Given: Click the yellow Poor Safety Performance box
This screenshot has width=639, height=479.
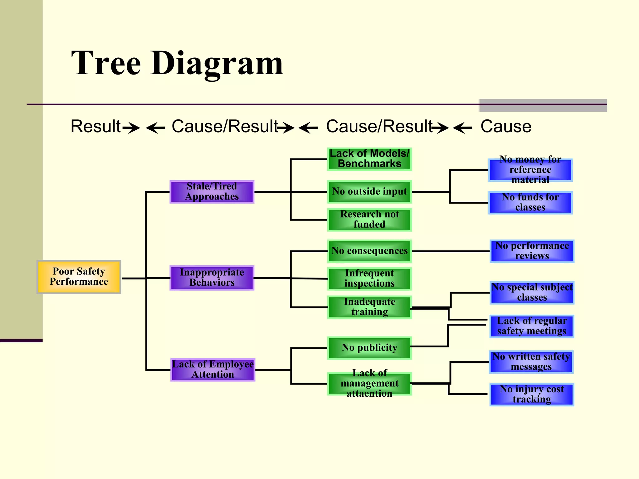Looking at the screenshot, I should [x=79, y=277].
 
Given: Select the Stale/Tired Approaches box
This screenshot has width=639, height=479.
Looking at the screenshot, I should [x=212, y=191].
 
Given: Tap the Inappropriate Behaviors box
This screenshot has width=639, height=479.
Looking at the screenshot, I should [x=212, y=278].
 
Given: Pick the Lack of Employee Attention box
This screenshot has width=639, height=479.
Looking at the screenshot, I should [x=213, y=370].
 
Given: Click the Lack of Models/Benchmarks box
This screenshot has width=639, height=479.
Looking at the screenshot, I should [x=369, y=159].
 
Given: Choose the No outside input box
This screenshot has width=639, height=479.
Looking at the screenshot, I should [x=369, y=191].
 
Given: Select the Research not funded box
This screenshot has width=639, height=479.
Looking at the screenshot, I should [x=369, y=220].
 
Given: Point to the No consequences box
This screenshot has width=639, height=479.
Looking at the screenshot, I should [x=369, y=251].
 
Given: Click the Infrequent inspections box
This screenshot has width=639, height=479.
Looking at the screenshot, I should [x=369, y=278].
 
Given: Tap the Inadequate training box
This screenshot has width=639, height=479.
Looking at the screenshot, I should [x=369, y=307].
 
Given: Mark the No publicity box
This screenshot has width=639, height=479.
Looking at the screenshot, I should [x=369, y=348].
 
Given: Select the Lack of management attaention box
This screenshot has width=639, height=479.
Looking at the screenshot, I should [x=369, y=383].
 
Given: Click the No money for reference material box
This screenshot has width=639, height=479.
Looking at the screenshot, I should [x=530, y=170].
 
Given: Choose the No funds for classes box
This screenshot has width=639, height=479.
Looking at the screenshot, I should [x=530, y=202].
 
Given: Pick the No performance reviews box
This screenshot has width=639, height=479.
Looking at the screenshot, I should [x=532, y=251].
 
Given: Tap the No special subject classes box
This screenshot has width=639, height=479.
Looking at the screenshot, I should [x=532, y=293].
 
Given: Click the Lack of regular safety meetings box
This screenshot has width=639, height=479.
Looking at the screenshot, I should [x=532, y=326].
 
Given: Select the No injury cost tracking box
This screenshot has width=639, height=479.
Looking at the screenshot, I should [x=532, y=394].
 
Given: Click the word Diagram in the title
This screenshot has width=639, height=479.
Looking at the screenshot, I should [x=217, y=64].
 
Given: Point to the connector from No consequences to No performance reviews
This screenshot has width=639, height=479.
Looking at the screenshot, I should [x=451, y=251].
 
